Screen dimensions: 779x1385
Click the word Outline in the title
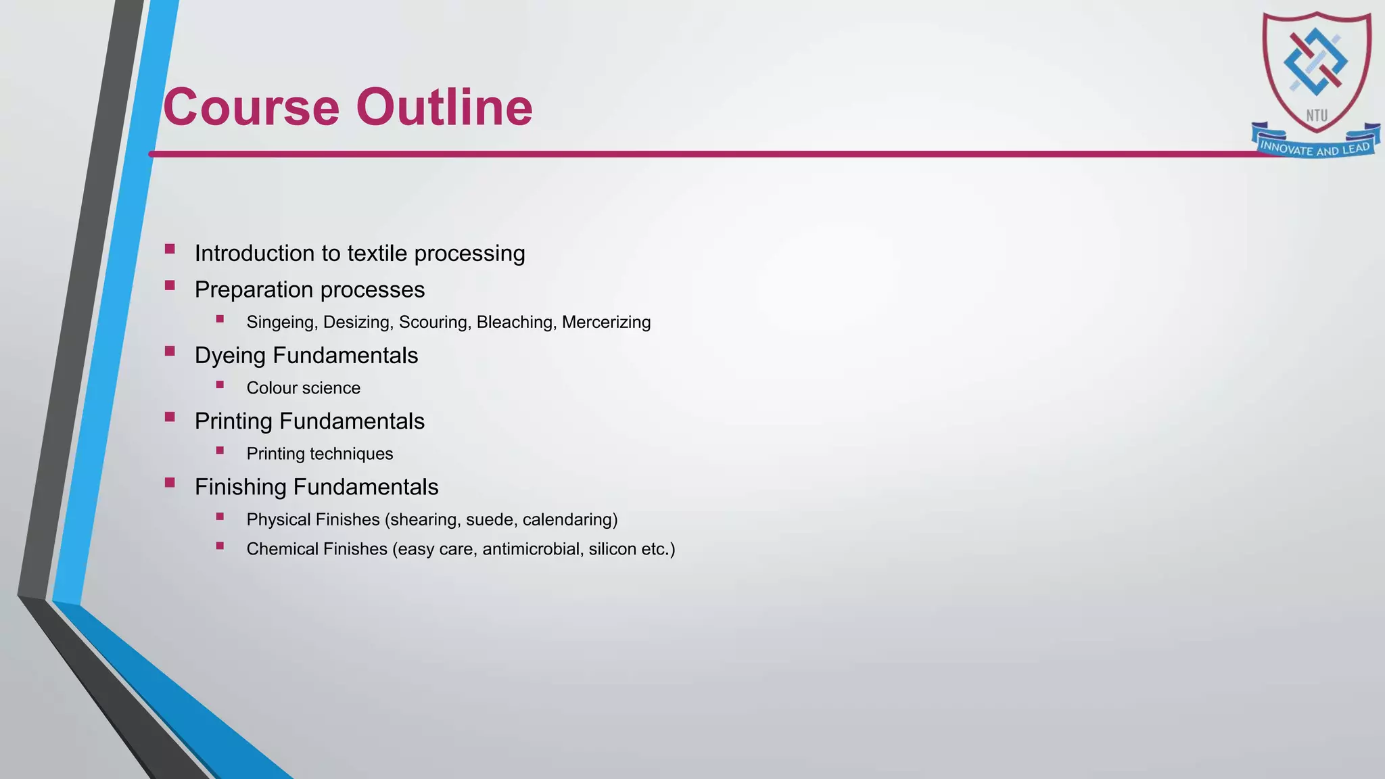[x=444, y=107]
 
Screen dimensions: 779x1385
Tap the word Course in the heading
[x=251, y=107]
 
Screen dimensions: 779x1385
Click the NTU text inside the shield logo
[x=1316, y=116]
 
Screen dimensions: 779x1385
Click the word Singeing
[x=281, y=323]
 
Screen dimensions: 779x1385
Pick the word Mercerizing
[x=606, y=323]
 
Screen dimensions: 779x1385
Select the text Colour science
[x=303, y=388]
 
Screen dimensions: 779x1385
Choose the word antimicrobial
[x=532, y=549]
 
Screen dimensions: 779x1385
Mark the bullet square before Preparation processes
[x=170, y=286]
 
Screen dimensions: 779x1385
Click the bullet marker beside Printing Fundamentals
[x=170, y=417]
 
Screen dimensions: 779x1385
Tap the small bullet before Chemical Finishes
[x=220, y=546]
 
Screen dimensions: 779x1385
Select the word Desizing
[x=357, y=323]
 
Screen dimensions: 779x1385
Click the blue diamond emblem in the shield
[x=1315, y=62]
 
